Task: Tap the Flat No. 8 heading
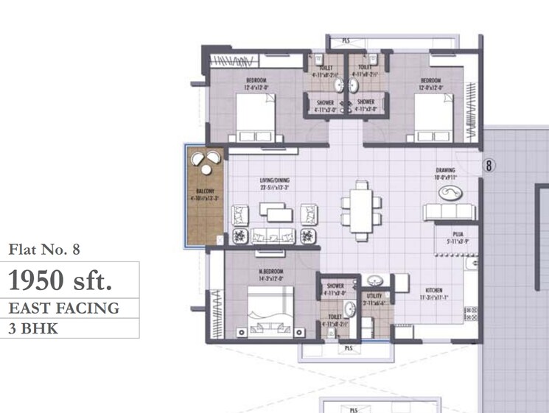point(43,250)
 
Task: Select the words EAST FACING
point(63,308)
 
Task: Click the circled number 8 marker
point(488,166)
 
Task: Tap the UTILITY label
point(374,295)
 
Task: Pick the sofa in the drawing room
point(447,212)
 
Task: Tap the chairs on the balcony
point(203,159)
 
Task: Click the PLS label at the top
point(346,41)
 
